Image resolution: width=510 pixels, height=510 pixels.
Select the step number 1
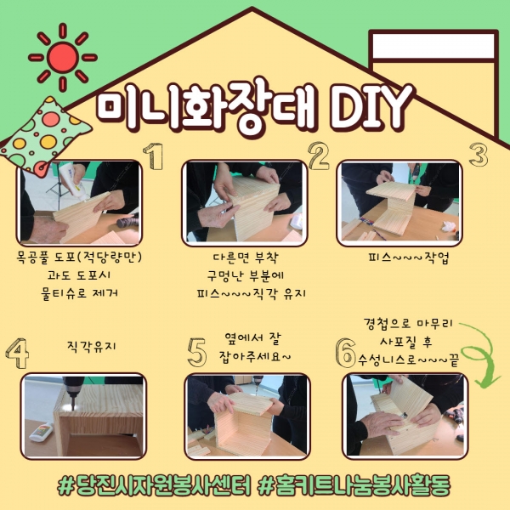pyautogui.click(x=152, y=156)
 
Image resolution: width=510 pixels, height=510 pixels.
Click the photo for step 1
pyautogui.click(x=80, y=202)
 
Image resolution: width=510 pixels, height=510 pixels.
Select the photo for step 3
pyautogui.click(x=399, y=201)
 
